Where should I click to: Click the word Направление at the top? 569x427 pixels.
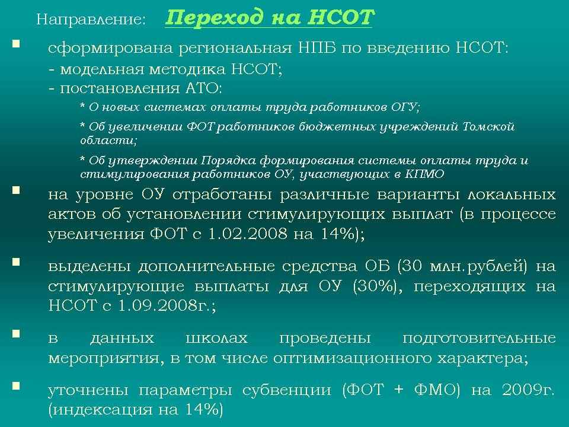point(90,19)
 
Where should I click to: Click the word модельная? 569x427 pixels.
point(102,69)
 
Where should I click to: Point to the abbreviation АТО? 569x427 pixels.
point(203,88)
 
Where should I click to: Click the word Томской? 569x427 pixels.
point(488,127)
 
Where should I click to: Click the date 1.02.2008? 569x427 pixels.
point(248,234)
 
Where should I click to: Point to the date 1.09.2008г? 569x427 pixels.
point(167,305)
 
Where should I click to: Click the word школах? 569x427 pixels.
point(217,339)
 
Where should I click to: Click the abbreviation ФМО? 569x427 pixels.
point(434,390)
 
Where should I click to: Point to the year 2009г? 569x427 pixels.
point(528,390)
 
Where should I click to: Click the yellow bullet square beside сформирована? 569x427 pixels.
point(16,44)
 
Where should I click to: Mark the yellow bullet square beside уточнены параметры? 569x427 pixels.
point(16,385)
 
